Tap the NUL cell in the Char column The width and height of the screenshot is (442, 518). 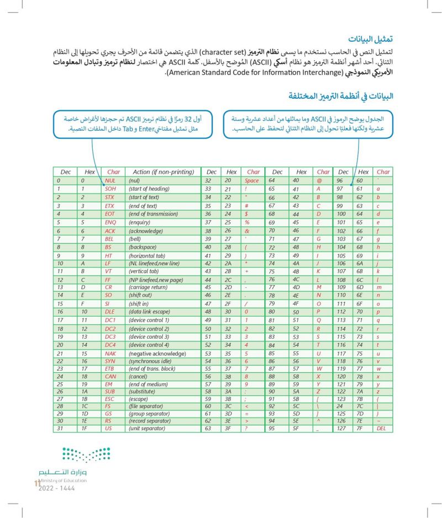110,180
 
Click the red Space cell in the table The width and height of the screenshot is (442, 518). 251,180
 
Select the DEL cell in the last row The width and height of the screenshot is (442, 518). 382,428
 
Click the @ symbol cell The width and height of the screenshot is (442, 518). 319,180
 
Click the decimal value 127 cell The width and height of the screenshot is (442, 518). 343,428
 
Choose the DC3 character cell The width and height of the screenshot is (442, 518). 110,337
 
